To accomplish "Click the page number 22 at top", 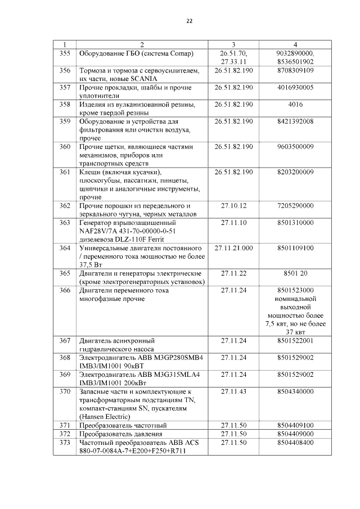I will (189, 21).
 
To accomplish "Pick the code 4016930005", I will (295, 88).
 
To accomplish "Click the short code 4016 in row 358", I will (295, 105).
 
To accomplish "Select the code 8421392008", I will (295, 121).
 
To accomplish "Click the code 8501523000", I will (295, 290).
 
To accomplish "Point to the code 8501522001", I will (295, 340).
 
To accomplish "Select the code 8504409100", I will (295, 425).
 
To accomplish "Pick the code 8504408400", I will (295, 443).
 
